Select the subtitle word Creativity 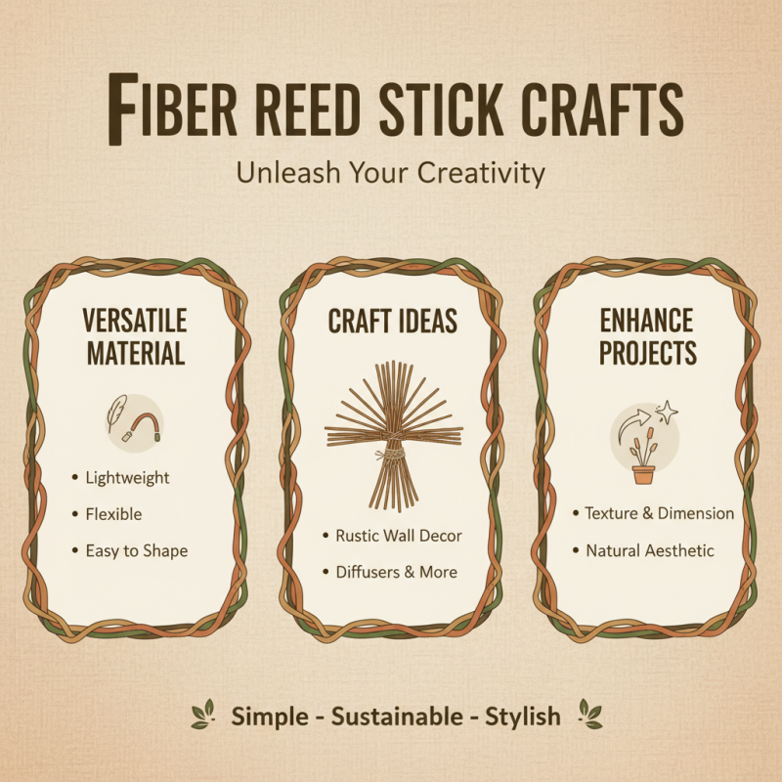point(480,173)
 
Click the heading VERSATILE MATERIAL point(135,336)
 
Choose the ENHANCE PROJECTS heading point(647,336)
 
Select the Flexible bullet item point(113,514)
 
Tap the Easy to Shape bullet point(136,550)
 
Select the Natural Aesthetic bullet point(650,550)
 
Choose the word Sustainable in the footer point(397,717)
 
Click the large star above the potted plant point(669,412)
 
